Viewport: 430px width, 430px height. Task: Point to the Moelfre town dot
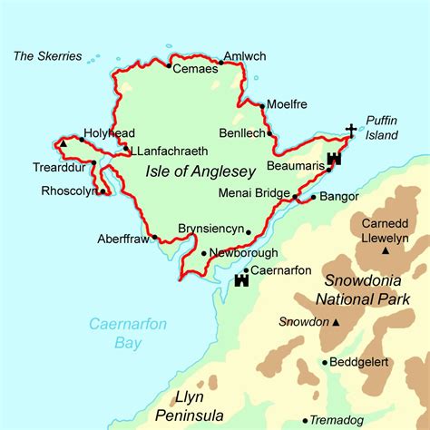(262, 106)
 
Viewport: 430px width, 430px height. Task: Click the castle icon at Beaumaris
(333, 159)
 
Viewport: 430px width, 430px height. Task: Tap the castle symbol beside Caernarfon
(241, 280)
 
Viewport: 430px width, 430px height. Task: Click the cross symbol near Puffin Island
(351, 131)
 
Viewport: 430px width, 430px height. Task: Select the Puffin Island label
(383, 127)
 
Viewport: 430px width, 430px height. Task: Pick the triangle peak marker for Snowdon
(337, 322)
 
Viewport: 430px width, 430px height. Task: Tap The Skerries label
(47, 56)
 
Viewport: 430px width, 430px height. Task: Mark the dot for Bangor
(314, 197)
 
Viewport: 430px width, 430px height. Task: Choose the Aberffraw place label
(123, 239)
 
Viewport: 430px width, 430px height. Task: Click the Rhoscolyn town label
(69, 191)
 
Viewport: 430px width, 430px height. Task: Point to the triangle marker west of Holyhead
(64, 142)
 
